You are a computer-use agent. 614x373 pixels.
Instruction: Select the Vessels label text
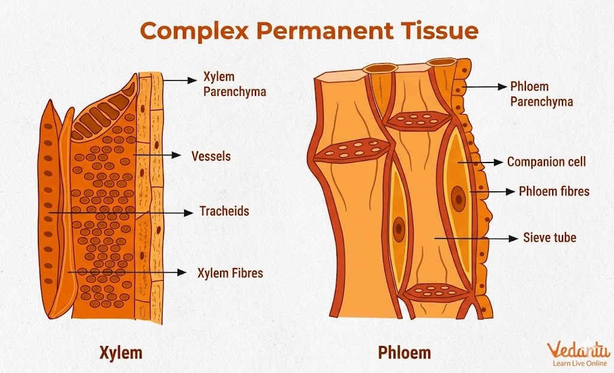pyautogui.click(x=210, y=156)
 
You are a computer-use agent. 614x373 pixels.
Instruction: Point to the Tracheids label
pyautogui.click(x=224, y=212)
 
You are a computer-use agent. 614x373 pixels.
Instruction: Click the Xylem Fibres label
pyautogui.click(x=230, y=273)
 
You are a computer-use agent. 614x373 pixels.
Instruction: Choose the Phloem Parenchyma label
pyautogui.click(x=541, y=94)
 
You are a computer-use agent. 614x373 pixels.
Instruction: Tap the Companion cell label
pyautogui.click(x=546, y=162)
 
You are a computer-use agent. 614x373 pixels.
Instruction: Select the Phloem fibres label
pyautogui.click(x=554, y=192)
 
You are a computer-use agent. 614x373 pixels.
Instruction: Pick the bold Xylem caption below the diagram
pyautogui.click(x=121, y=352)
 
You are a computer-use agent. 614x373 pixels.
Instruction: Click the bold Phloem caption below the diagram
pyautogui.click(x=404, y=352)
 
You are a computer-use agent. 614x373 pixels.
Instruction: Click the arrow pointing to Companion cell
pyautogui.click(x=480, y=162)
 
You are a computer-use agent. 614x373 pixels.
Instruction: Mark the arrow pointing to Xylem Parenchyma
pyautogui.click(x=180, y=79)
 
